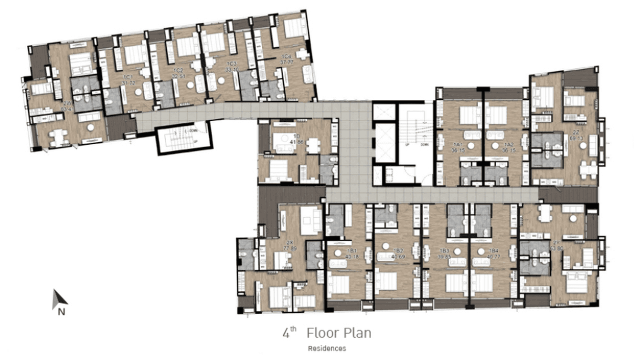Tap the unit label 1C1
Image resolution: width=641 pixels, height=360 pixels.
(x=128, y=77)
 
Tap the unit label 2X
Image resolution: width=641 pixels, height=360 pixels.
(x=289, y=242)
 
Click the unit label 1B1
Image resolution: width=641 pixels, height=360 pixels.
(x=353, y=251)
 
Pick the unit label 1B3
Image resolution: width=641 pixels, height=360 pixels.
(x=444, y=251)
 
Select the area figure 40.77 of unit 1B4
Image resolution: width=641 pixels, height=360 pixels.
(x=494, y=256)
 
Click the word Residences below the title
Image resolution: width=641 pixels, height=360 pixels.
(x=327, y=349)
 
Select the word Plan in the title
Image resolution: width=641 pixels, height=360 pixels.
(x=355, y=333)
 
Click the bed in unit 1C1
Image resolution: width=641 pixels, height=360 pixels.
(x=135, y=54)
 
